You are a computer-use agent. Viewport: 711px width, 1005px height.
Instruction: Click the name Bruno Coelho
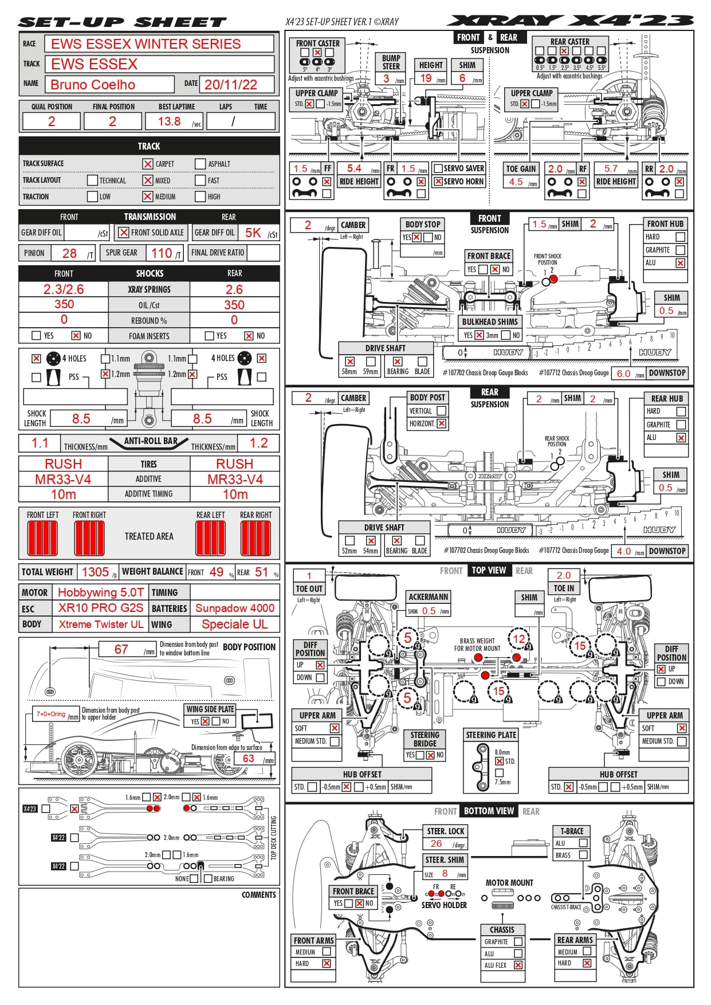(93, 85)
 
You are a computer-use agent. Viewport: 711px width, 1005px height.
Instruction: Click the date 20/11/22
(231, 85)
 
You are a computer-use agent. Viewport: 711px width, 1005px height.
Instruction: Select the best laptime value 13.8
(169, 121)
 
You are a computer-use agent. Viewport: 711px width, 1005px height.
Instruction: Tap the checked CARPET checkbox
(148, 164)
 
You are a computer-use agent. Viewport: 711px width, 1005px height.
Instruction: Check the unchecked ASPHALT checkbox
(200, 164)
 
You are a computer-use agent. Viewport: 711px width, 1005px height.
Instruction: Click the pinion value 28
(69, 253)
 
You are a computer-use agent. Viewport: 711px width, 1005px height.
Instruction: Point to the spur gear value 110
(162, 253)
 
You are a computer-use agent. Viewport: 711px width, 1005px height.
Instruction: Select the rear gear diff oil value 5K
(253, 233)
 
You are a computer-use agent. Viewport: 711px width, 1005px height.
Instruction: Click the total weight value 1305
(95, 572)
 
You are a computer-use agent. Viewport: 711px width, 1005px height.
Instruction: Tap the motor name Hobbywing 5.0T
(101, 592)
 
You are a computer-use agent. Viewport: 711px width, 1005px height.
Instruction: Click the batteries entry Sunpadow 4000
(235, 608)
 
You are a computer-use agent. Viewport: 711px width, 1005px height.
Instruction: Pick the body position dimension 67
(121, 649)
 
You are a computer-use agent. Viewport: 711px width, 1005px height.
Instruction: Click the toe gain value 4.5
(516, 182)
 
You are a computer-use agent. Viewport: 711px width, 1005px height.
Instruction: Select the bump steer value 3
(386, 78)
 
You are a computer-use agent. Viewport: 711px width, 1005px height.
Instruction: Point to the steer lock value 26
(437, 843)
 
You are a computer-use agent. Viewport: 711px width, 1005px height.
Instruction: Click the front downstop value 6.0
(623, 374)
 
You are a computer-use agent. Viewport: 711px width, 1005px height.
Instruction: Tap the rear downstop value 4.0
(623, 551)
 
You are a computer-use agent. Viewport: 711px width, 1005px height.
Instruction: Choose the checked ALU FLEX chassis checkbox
(518, 965)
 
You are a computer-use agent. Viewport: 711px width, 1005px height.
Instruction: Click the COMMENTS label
(258, 894)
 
